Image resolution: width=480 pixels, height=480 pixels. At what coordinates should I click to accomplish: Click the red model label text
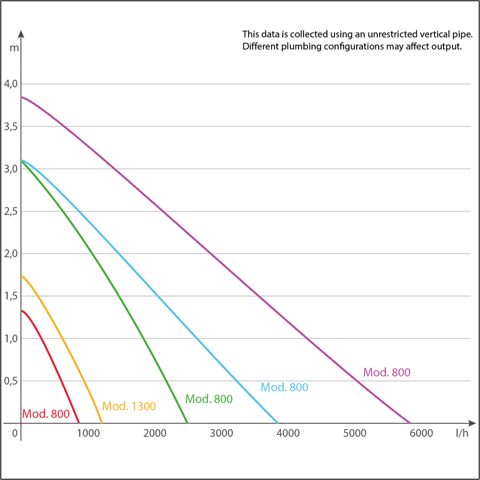click(46, 413)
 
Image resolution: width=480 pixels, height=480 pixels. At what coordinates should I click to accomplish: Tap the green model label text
click(209, 398)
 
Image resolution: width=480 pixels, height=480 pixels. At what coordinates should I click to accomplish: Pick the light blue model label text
click(284, 388)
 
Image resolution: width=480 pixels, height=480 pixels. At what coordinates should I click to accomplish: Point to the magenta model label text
click(387, 372)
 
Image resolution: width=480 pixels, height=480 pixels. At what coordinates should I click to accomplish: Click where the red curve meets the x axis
click(79, 422)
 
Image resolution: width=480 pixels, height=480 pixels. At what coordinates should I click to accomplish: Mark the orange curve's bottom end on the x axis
click(101, 422)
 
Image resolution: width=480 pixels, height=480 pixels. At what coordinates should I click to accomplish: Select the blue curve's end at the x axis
click(278, 422)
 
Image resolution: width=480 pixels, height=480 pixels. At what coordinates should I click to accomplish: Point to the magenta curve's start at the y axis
click(22, 97)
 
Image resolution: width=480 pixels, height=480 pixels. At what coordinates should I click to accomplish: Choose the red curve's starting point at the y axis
click(22, 310)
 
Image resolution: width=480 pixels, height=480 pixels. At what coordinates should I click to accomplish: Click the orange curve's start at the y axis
click(22, 276)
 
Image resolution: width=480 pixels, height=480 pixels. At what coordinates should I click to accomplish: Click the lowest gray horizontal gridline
click(288, 380)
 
